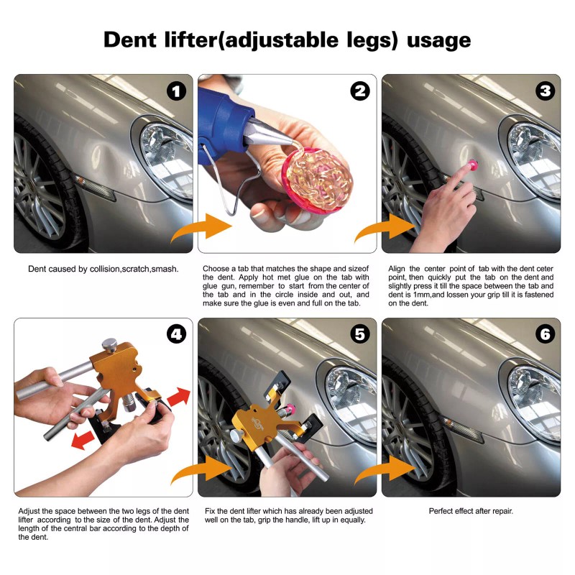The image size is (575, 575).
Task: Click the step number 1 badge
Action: [177, 91]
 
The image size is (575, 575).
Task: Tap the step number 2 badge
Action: [360, 91]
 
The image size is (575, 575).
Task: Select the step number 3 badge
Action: [544, 91]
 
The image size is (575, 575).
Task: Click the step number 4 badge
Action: [177, 335]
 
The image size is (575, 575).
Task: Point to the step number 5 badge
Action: [360, 335]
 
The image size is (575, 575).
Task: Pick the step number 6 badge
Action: [544, 335]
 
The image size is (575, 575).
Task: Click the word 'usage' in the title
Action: [438, 40]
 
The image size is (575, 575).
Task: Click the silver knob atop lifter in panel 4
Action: [110, 344]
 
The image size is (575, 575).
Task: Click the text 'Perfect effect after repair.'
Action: [471, 511]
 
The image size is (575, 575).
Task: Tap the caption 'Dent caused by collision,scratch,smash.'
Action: [103, 269]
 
